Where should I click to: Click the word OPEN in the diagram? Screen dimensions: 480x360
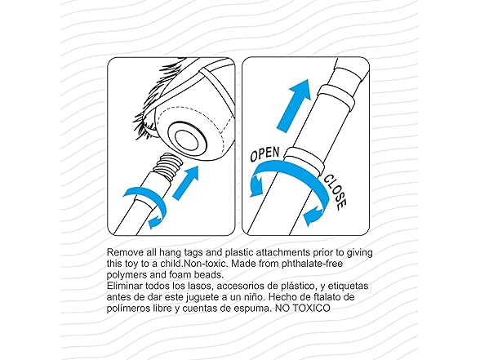pyautogui.click(x=264, y=154)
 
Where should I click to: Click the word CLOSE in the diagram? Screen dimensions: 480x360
pyautogui.click(x=336, y=193)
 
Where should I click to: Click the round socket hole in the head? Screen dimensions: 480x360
pyautogui.click(x=187, y=140)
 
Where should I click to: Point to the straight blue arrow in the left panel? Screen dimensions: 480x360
pyautogui.click(x=186, y=183)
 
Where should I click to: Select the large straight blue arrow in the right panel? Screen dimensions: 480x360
pyautogui.click(x=293, y=104)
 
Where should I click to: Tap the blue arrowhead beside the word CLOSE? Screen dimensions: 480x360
pyautogui.click(x=313, y=216)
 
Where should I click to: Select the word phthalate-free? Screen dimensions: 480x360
pyautogui.click(x=312, y=264)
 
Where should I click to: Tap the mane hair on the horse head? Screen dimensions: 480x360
pyautogui.click(x=155, y=101)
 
